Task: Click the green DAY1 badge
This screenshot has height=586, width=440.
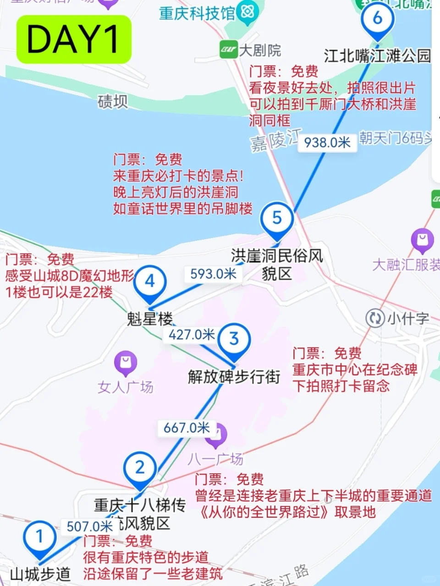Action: [74, 39]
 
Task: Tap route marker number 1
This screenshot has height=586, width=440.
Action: [40, 537]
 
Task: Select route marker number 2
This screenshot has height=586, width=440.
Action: [140, 467]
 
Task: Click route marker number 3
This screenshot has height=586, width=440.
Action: [234, 339]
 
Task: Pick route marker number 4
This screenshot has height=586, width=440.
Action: [150, 282]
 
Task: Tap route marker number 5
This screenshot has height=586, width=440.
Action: [277, 218]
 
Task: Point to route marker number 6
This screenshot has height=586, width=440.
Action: [377, 19]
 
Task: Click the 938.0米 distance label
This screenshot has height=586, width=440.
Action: [327, 142]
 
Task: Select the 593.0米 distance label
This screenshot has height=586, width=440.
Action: [213, 274]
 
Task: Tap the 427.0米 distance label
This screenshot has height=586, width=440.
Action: [192, 335]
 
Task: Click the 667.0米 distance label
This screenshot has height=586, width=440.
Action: [187, 428]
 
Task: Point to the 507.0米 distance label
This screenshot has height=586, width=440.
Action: [90, 526]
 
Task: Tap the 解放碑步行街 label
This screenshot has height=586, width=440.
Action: [234, 377]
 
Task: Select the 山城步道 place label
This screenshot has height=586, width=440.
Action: [40, 574]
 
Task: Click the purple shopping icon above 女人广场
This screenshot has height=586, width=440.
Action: [126, 363]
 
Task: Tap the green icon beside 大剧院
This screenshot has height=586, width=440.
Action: [228, 49]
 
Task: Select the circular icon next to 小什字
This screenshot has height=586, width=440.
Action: [375, 318]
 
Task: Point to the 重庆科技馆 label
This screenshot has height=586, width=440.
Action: [197, 13]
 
